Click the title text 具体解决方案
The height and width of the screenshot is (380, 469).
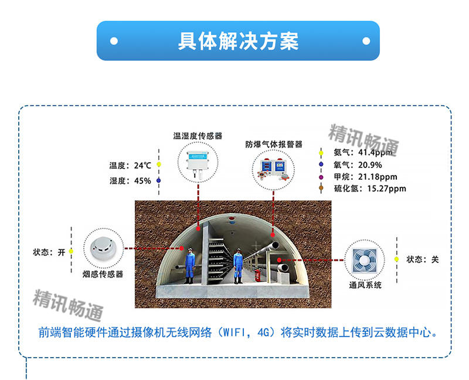[238, 41]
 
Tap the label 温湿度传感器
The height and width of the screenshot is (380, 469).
[198, 136]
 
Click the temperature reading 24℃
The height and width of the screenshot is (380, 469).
[142, 165]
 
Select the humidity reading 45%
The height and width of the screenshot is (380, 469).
[142, 181]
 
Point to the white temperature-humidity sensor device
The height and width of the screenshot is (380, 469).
[198, 162]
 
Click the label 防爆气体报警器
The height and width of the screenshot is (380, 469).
[274, 145]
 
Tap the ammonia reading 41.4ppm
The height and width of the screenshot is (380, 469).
[375, 152]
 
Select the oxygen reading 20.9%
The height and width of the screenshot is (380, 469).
[370, 165]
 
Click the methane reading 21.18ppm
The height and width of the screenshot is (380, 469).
[378, 177]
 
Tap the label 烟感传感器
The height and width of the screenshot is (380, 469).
[103, 274]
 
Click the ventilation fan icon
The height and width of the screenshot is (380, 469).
[365, 260]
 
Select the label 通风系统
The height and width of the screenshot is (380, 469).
[365, 285]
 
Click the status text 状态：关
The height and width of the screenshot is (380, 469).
[422, 259]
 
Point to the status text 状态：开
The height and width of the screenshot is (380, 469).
[49, 252]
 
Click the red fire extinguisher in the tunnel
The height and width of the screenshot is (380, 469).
[257, 275]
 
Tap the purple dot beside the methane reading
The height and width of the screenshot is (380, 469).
[321, 177]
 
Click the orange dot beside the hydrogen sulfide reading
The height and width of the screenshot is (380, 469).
[321, 188]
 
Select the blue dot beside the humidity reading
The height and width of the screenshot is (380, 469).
[158, 180]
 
